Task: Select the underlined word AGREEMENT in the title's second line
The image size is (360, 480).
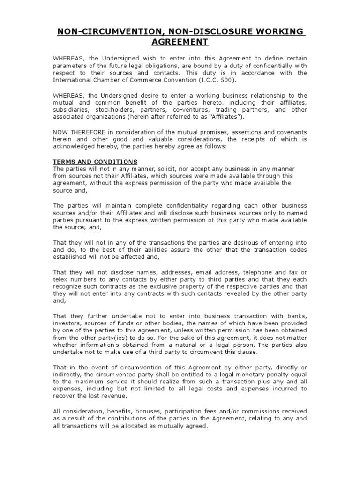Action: coord(180,42)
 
